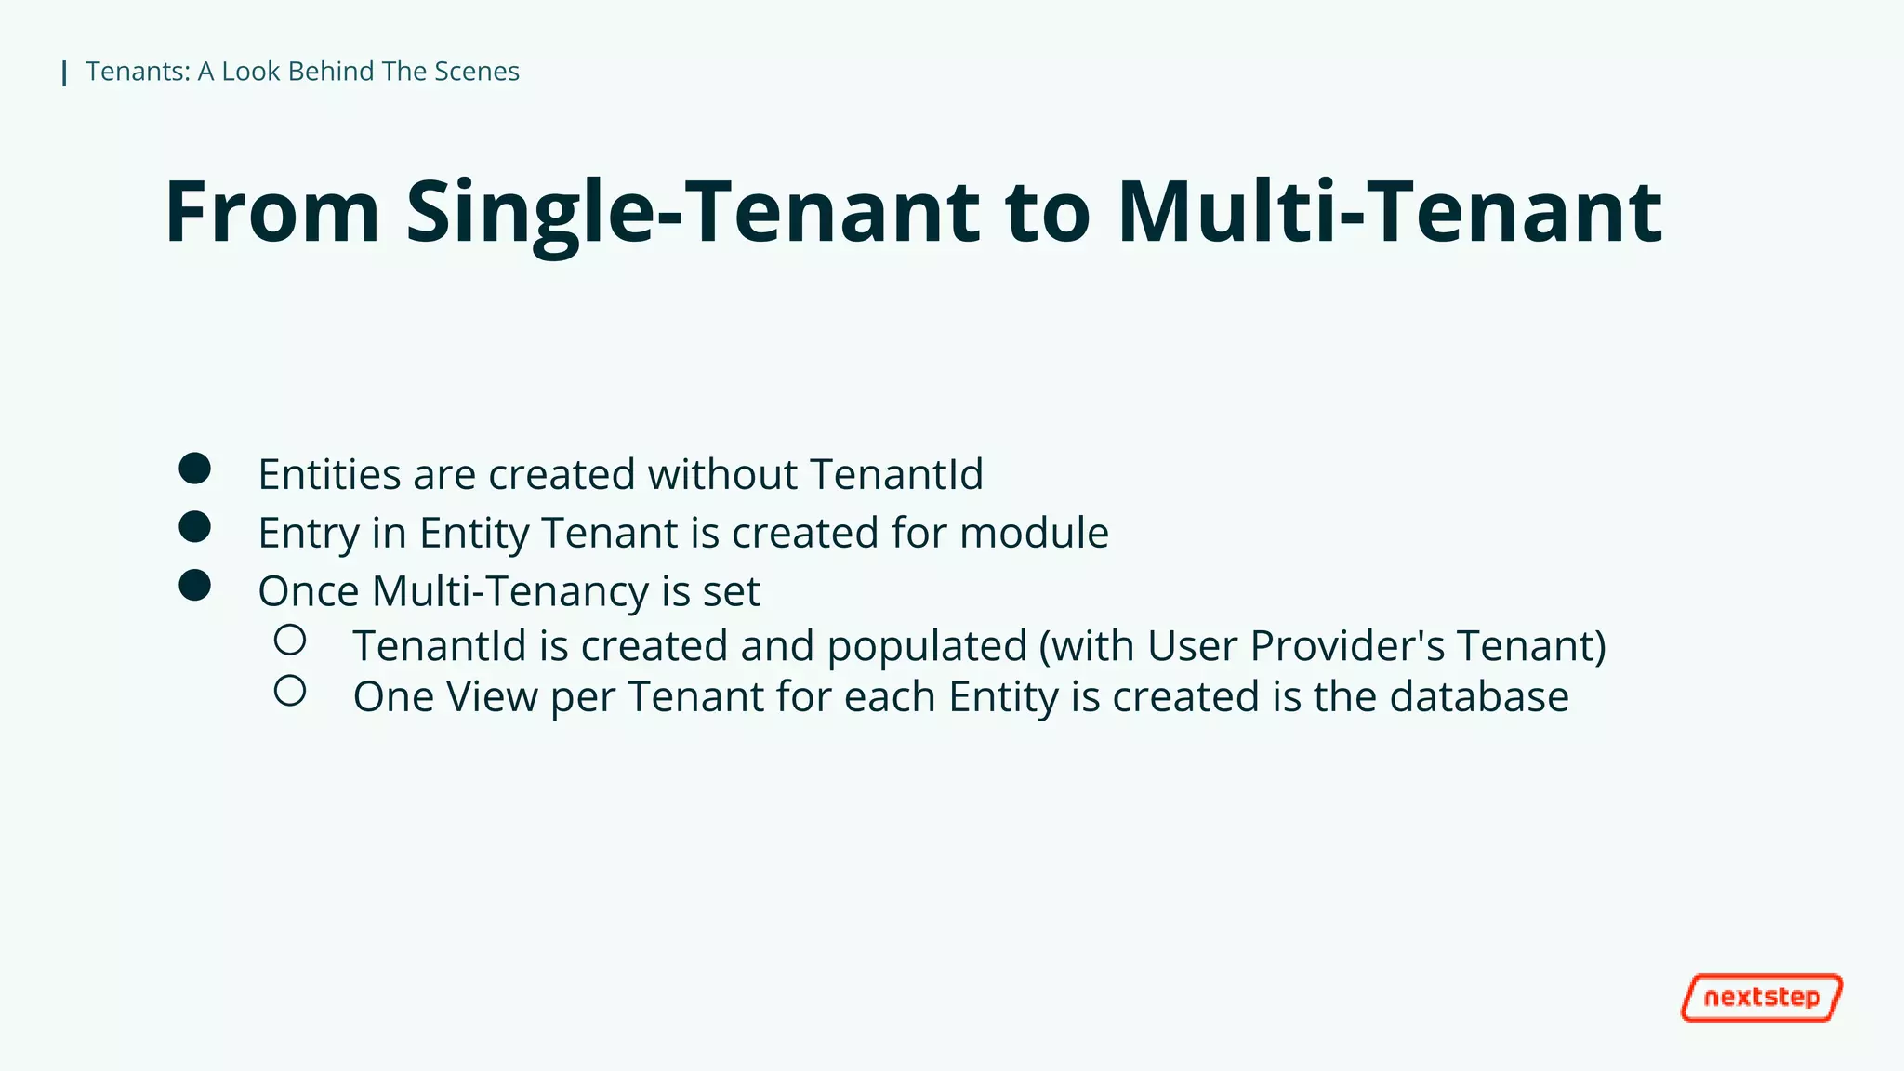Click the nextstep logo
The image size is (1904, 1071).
click(1761, 998)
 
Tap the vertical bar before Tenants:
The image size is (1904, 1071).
click(64, 73)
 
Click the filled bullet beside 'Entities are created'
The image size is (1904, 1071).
click(194, 469)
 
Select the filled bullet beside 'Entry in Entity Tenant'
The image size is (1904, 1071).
click(194, 527)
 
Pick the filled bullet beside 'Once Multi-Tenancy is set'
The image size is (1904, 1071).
click(194, 586)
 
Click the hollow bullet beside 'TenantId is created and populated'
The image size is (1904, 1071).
click(290, 640)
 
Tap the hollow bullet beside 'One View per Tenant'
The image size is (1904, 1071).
click(290, 691)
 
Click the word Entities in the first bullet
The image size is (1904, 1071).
click(329, 474)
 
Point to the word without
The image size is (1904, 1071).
click(721, 474)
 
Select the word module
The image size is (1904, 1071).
click(1034, 533)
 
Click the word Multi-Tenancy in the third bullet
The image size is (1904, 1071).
click(510, 591)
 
